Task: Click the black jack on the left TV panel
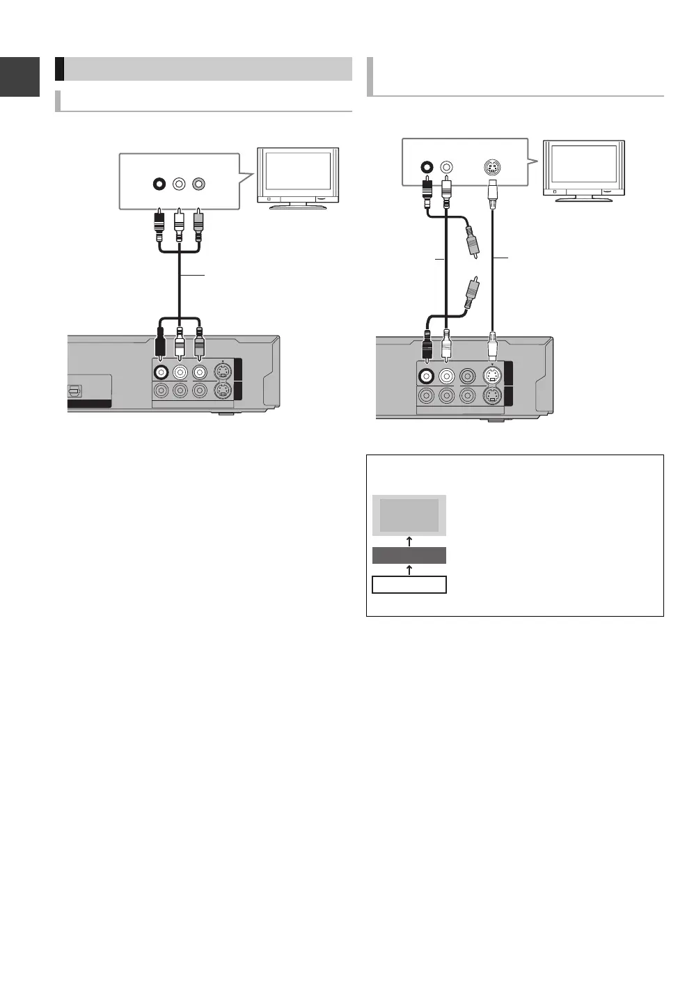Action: tap(160, 184)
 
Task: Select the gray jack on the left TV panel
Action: tap(200, 184)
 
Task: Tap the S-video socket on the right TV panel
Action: tap(492, 168)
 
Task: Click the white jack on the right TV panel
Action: tap(446, 168)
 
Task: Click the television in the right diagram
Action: tap(583, 171)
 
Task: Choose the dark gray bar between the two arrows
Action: tap(409, 555)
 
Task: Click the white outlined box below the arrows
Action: tap(409, 585)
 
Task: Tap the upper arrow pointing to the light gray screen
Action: tap(409, 541)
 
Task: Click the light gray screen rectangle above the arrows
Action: tap(409, 515)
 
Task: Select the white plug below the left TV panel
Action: tap(180, 226)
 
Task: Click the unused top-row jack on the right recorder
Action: tap(466, 376)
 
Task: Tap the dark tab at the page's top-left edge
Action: tap(19, 77)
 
